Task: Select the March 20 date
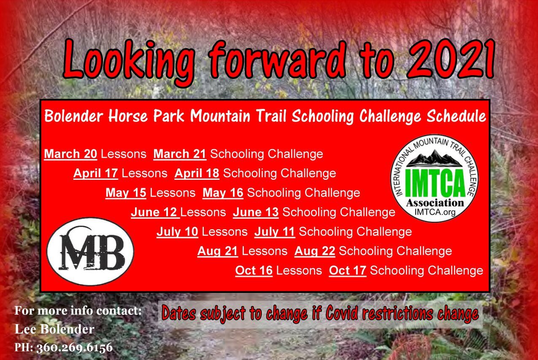click(70, 154)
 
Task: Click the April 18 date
click(197, 173)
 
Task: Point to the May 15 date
click(126, 193)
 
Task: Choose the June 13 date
click(256, 212)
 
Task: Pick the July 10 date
click(177, 232)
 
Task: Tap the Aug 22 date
click(315, 251)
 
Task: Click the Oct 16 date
click(254, 271)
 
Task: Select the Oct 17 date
click(348, 271)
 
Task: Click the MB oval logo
click(90, 252)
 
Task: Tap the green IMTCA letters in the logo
click(435, 183)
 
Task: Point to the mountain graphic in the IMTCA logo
click(435, 159)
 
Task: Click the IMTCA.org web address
click(435, 212)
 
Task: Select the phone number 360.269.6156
click(74, 347)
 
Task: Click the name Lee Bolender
click(54, 329)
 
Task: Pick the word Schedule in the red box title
click(456, 116)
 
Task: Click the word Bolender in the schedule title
click(74, 116)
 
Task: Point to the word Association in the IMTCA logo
click(435, 203)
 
